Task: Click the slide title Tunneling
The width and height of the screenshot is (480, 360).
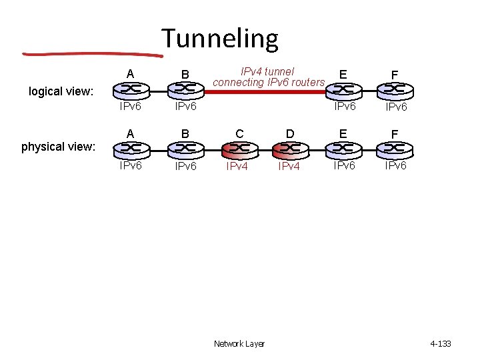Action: coord(219,39)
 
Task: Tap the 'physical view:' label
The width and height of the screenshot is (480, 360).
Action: coord(59,146)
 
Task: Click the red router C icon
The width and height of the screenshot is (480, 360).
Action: coord(238,149)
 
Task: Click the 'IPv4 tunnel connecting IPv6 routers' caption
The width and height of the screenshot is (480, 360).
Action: coord(268,77)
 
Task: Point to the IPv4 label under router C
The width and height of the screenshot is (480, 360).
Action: coord(237,167)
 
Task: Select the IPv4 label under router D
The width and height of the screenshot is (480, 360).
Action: coord(289,167)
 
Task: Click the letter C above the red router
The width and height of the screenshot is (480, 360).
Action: coord(238,133)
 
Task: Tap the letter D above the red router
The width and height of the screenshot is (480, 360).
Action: coord(289,133)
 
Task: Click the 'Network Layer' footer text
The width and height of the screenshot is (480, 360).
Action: coord(239,344)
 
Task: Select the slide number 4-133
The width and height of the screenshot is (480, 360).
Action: coord(441,344)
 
